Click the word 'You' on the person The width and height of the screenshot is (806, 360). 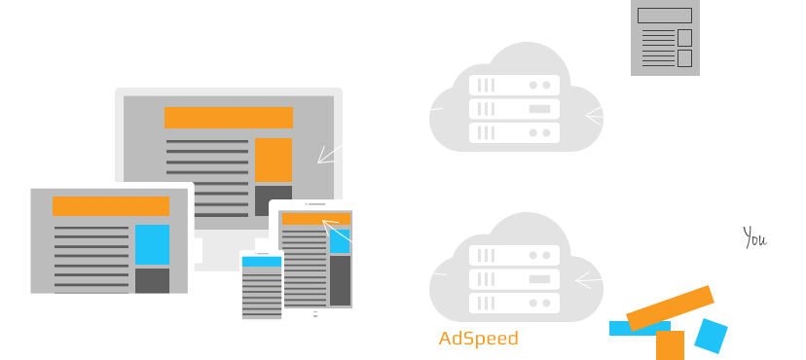pos(755,236)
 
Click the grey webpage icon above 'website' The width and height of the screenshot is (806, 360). pos(665,38)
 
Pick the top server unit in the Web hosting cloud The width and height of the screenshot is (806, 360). pos(515,85)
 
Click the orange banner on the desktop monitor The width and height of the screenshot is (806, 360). pos(229,118)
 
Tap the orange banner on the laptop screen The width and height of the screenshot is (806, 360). pos(110,206)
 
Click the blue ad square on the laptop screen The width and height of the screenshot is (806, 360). pos(152,244)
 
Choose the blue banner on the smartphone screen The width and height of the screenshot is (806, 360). pos(261,261)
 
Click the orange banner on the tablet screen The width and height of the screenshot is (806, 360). pos(314,219)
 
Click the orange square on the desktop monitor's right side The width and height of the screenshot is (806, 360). pos(273,160)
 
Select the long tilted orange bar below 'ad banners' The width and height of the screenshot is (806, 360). pos(671,306)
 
